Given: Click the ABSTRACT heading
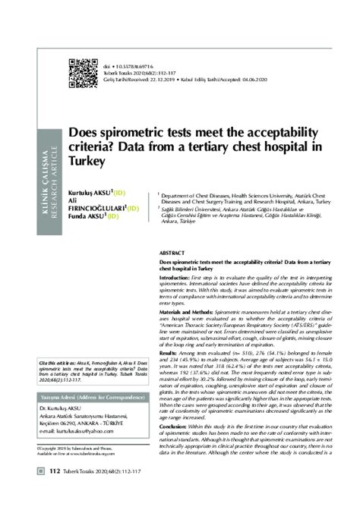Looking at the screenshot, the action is tap(172, 250).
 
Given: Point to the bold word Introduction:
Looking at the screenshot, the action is tap(180, 278).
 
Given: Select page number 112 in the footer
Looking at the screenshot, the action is tap(54, 493).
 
